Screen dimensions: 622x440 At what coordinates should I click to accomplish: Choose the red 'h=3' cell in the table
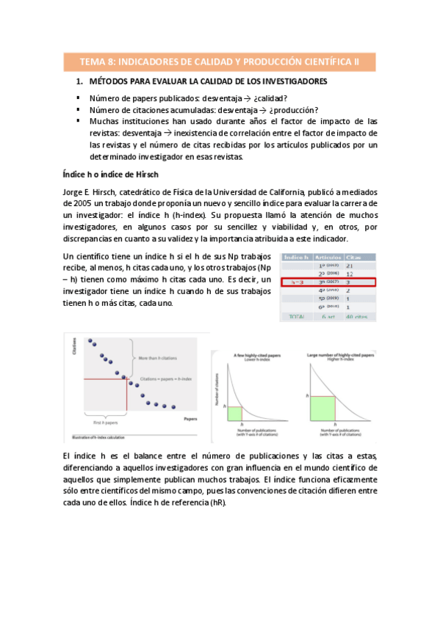[297, 282]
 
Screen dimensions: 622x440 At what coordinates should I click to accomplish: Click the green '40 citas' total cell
[356, 316]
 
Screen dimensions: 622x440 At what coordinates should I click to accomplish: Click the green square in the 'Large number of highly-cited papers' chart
[324, 407]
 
